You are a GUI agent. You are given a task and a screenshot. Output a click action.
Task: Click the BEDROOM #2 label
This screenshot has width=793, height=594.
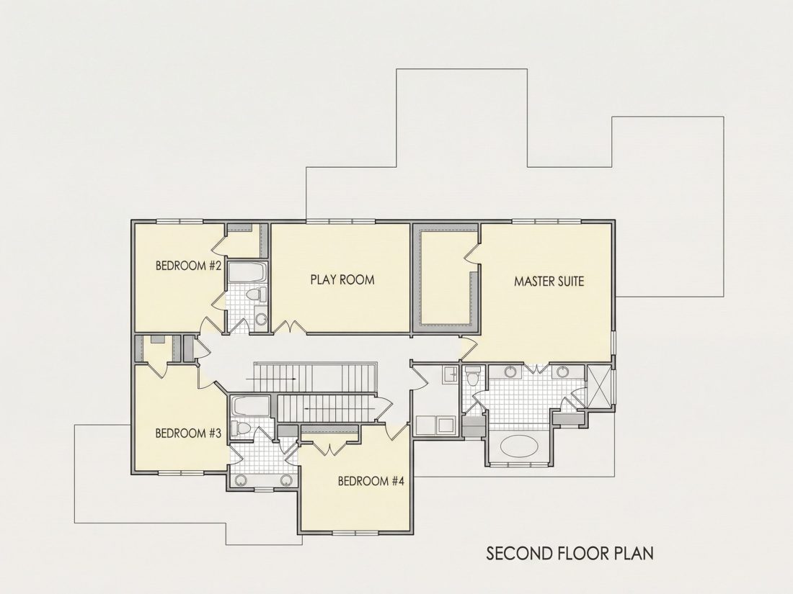click(x=188, y=266)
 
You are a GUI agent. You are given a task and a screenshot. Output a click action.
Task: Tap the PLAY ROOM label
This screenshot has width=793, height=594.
click(x=342, y=279)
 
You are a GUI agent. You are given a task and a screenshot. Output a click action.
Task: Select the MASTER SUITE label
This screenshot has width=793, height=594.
click(x=549, y=282)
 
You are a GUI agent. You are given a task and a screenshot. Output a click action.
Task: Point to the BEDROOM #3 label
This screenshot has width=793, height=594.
click(x=188, y=433)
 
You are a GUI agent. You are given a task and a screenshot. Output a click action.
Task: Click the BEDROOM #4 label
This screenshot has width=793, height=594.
click(x=371, y=481)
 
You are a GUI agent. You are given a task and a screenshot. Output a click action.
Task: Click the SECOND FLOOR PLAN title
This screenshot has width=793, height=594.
click(x=570, y=553)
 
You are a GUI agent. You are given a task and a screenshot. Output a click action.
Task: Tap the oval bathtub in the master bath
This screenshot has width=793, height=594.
click(x=519, y=446)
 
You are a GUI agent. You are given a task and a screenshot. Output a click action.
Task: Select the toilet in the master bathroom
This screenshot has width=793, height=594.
click(x=473, y=377)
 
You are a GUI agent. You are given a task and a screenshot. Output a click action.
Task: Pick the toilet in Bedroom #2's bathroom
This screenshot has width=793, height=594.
click(x=257, y=294)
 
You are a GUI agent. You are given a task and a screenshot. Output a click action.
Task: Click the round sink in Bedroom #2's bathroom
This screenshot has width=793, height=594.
click(x=261, y=319)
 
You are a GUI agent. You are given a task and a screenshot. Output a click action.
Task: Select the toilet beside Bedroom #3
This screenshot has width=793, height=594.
click(x=241, y=429)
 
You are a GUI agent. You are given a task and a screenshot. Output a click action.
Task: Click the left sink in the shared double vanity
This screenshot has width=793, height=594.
click(x=241, y=480)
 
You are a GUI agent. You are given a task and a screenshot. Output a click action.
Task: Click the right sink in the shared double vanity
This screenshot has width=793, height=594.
click(x=286, y=480)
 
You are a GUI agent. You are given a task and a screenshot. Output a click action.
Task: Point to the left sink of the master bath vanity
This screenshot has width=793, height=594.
click(x=510, y=372)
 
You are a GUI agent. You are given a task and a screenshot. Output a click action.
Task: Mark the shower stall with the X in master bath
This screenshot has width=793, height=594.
click(x=599, y=386)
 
